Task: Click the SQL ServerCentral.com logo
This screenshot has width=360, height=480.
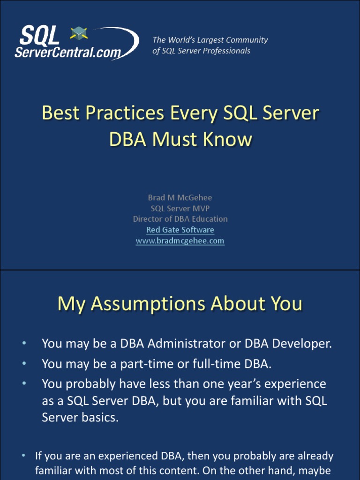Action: (x=75, y=43)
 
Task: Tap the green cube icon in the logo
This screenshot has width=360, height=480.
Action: (x=78, y=33)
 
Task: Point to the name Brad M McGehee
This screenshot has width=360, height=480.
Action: (x=180, y=197)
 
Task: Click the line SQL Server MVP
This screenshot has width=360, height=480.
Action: (x=180, y=208)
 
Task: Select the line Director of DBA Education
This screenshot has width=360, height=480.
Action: (x=180, y=219)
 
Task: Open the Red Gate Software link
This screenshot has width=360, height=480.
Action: (x=180, y=230)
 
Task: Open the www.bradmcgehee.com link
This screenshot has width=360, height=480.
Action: (x=180, y=241)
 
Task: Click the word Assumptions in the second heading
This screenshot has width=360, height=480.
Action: (x=148, y=304)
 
